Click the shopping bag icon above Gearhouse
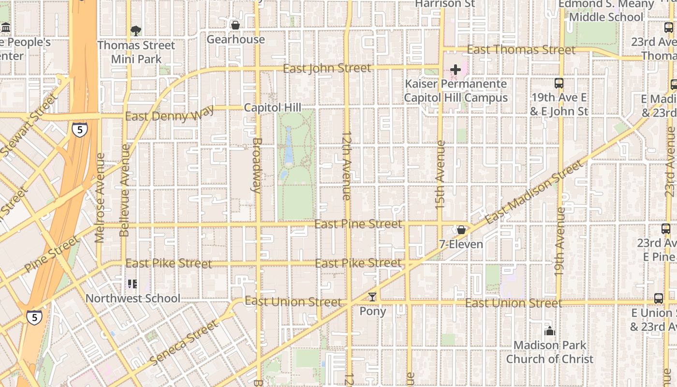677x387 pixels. (235, 25)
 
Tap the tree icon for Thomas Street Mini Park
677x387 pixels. (136, 31)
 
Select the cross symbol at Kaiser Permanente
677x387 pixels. (455, 70)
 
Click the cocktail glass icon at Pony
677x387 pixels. (372, 297)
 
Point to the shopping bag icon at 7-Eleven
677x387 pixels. (461, 230)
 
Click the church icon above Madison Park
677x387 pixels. (549, 331)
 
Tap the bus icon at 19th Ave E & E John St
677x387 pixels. (559, 83)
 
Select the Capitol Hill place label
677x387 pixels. (272, 107)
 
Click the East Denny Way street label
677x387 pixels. (169, 115)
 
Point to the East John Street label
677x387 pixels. (327, 68)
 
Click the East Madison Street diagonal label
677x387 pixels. (535, 193)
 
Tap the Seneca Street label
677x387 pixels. (184, 342)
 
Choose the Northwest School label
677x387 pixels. (132, 298)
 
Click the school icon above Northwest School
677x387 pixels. (132, 284)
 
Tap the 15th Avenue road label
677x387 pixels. (440, 174)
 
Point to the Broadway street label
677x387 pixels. (257, 165)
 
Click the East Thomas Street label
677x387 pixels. (521, 50)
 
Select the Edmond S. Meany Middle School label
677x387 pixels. (606, 10)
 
